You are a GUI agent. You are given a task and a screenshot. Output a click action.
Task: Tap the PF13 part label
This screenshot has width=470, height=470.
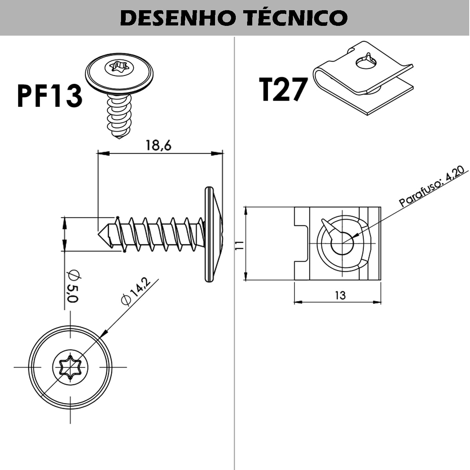[49, 96]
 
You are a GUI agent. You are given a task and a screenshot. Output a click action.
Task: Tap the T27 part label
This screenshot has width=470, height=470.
[282, 89]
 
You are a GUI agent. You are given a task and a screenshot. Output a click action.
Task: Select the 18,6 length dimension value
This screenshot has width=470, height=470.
[159, 145]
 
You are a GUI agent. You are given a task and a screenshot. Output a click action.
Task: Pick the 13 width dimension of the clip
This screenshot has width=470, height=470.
[340, 295]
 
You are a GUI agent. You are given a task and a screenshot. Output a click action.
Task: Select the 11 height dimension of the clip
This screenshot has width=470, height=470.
[240, 245]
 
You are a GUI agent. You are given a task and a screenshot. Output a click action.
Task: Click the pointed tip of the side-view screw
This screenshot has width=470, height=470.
[98, 234]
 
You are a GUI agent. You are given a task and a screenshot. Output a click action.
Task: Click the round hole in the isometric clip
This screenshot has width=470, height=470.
[366, 63]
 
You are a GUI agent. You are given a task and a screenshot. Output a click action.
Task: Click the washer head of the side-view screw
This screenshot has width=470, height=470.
[213, 234]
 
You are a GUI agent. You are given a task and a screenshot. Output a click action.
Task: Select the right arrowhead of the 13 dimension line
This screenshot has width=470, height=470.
[377, 302]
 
